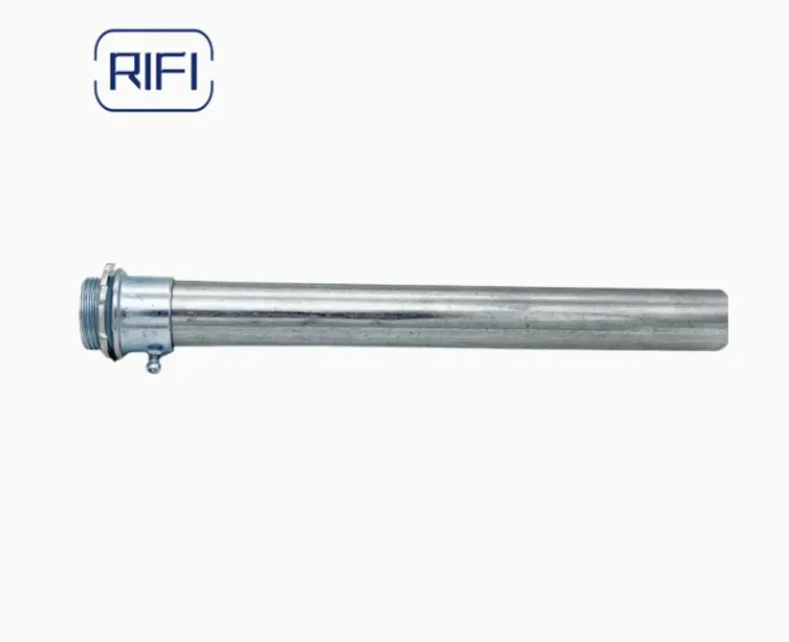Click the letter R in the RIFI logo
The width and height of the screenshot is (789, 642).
pos(124,70)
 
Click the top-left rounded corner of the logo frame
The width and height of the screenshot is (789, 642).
pos(100,36)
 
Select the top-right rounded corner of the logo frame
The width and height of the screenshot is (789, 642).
pos(207,36)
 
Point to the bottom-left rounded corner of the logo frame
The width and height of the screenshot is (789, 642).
pos(100,105)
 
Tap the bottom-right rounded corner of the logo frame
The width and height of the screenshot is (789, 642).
pos(207,105)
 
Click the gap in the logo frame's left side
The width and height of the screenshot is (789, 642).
pos(96,70)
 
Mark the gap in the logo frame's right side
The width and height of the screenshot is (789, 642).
pos(212,70)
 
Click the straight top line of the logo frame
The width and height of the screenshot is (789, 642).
pos(153,31)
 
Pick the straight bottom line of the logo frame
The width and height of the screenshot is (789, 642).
pos(153,109)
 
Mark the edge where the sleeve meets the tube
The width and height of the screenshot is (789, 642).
pos(174,314)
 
